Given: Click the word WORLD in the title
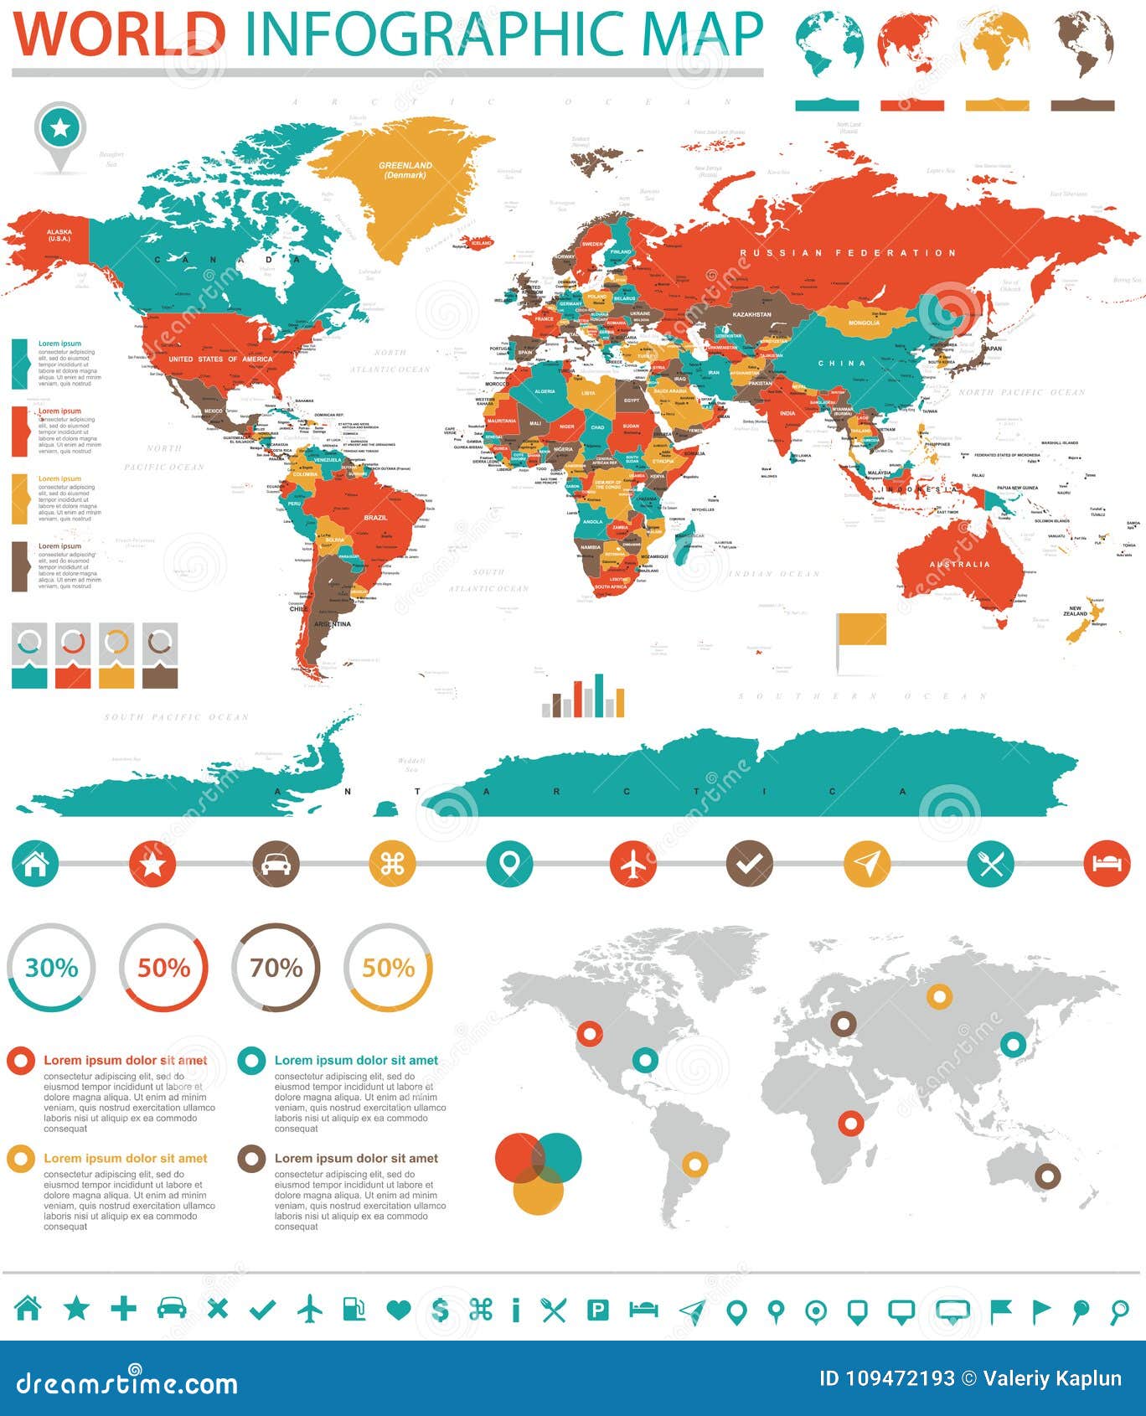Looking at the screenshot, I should tap(120, 34).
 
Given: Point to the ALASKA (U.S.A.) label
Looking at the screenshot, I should tap(59, 235).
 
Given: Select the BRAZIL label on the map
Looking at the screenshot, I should tap(375, 518).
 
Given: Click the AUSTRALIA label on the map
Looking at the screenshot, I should tap(960, 564).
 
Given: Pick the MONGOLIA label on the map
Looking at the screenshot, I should tap(864, 323).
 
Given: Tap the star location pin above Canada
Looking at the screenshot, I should tap(60, 130).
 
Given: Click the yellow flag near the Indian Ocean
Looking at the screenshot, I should tap(861, 631).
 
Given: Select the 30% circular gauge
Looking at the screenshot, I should tap(51, 968).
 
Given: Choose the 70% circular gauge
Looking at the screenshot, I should tap(276, 968).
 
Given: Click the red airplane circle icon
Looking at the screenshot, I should tap(633, 863).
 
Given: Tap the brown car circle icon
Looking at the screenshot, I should tap(276, 863).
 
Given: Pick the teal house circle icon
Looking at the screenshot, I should tap(35, 863).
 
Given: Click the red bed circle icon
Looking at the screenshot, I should tap(1107, 863).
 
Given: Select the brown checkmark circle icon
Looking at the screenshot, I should tap(749, 863).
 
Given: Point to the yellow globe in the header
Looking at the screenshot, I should tap(995, 42).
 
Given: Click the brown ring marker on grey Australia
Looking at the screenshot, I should tap(1047, 1176).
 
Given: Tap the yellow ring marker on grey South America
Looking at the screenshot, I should tap(694, 1164).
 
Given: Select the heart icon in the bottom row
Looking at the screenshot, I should tap(399, 1310).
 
